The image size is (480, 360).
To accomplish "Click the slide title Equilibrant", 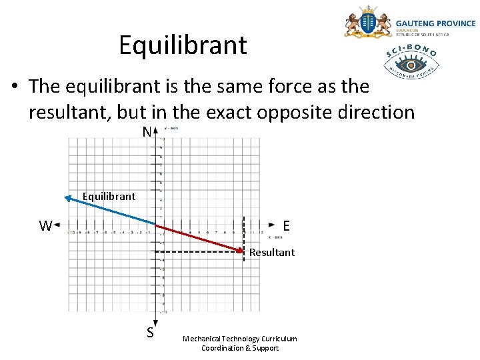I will [x=183, y=45].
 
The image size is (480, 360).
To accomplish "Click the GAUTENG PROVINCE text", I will [x=436, y=23].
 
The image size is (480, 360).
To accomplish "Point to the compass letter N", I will [x=147, y=133].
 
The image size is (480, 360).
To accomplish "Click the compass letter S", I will [x=151, y=332].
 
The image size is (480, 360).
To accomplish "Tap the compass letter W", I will [x=45, y=225].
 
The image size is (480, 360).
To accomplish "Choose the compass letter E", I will [x=286, y=226].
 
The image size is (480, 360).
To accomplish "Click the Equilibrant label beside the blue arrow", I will [x=108, y=196].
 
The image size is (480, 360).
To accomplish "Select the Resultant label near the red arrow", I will [x=272, y=252].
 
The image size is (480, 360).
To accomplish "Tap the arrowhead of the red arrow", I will [x=241, y=251].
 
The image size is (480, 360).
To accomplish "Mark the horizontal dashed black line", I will [x=200, y=252].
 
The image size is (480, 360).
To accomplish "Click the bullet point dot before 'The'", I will [x=14, y=87].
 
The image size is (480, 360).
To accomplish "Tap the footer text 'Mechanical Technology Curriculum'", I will [x=239, y=339].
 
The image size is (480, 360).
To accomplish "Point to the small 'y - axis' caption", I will [x=171, y=128].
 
